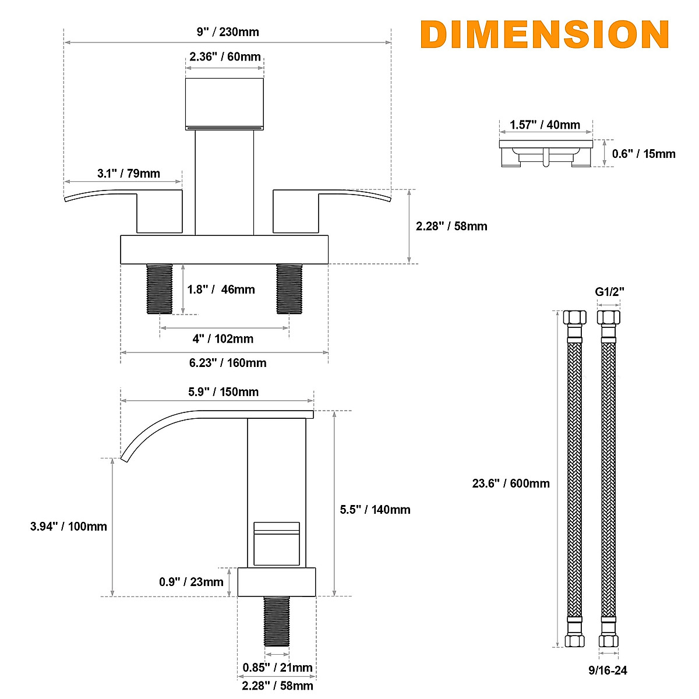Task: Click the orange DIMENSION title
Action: pos(545,34)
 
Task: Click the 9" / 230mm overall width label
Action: pos(228,32)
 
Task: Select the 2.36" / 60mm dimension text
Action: pos(225,57)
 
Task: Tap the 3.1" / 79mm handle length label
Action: pos(128,174)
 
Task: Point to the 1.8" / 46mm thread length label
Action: pos(221,290)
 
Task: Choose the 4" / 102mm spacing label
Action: pos(223,339)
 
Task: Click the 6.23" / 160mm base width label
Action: pos(228,363)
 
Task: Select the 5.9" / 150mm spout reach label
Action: pos(223,392)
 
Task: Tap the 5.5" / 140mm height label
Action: pos(375,510)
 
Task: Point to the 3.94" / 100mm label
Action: pos(69,527)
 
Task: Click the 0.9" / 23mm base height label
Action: pos(191,582)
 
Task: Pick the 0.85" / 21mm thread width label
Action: pos(277,668)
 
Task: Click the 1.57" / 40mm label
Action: pos(545,125)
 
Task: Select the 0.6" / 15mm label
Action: pos(644,154)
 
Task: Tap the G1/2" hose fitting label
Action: pos(609,292)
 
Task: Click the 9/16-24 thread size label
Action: pos(608,670)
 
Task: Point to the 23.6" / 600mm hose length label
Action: pos(511,483)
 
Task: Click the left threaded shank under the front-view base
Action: pos(160,289)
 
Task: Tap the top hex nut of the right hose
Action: pos(609,318)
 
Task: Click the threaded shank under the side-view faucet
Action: pos(277,621)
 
